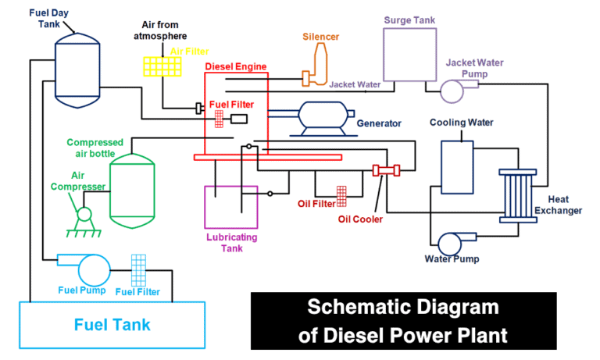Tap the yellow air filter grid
[x=162, y=66]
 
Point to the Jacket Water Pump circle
[x=452, y=91]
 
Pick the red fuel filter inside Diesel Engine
[x=220, y=119]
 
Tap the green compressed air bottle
[x=132, y=187]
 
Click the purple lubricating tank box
[x=230, y=206]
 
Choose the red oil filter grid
[x=341, y=195]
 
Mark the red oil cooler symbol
[x=385, y=170]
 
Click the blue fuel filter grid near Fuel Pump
[x=139, y=270]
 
